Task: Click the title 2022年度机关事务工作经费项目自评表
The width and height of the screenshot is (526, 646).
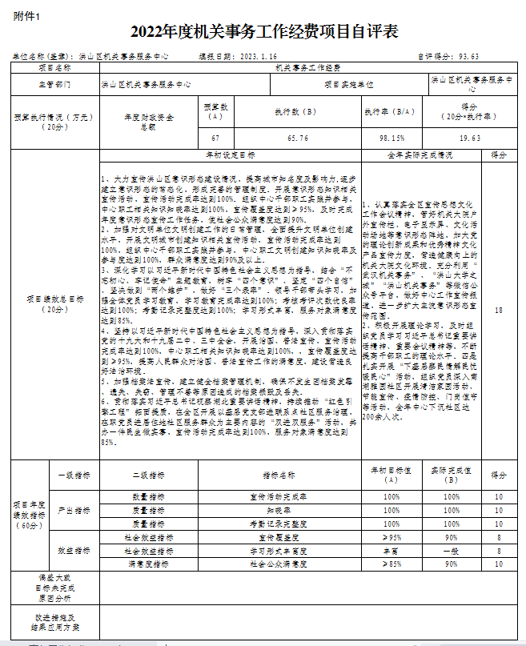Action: pos(263,32)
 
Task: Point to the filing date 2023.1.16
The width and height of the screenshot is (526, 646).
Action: pos(255,58)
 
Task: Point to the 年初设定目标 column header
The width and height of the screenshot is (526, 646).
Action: pos(231,154)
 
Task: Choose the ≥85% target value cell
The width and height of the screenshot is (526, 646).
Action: pos(392,564)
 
